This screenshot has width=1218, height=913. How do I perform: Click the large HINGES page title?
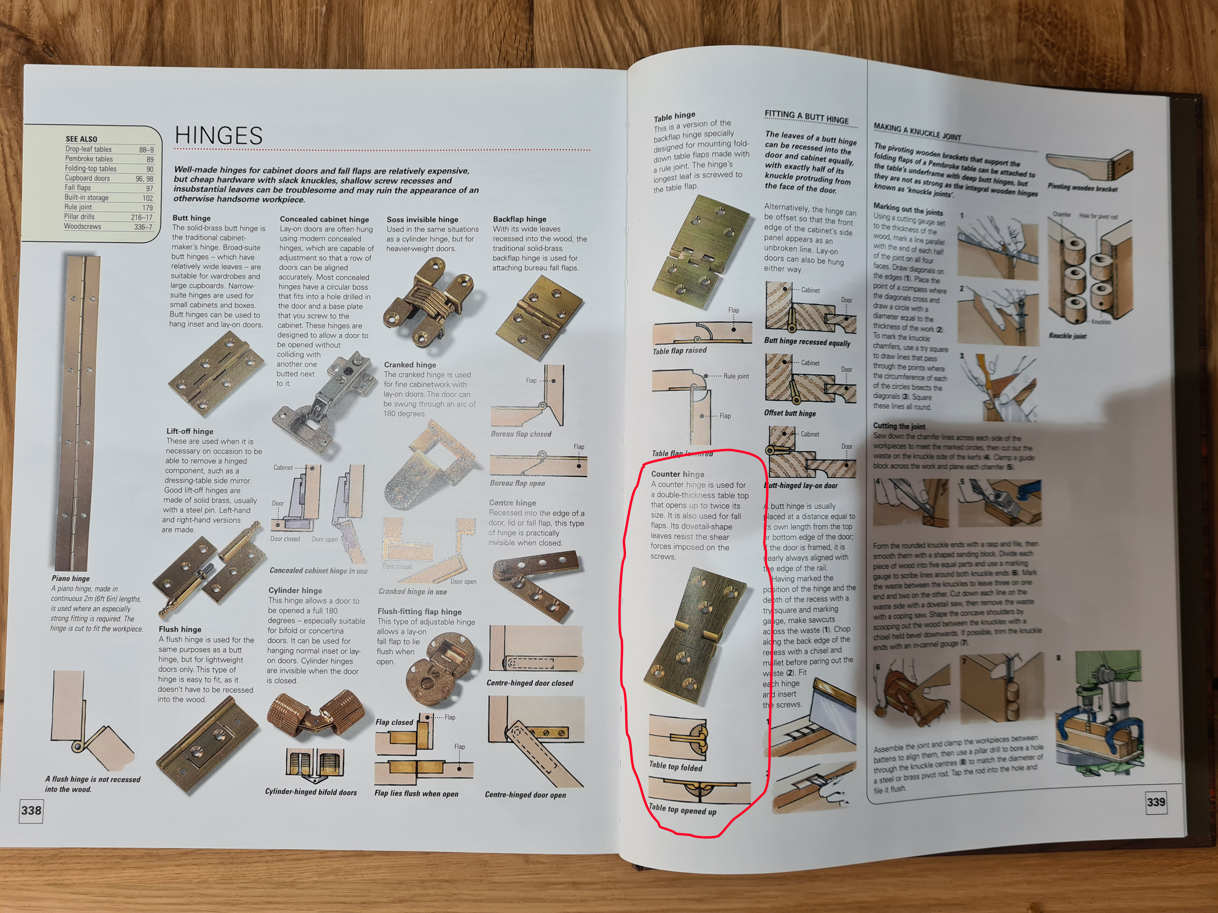pyautogui.click(x=219, y=135)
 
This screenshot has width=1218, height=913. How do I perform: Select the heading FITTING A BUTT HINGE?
pyautogui.click(x=807, y=117)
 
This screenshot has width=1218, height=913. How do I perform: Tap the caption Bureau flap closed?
pyautogui.click(x=521, y=434)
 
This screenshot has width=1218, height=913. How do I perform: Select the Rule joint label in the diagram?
pyautogui.click(x=736, y=376)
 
